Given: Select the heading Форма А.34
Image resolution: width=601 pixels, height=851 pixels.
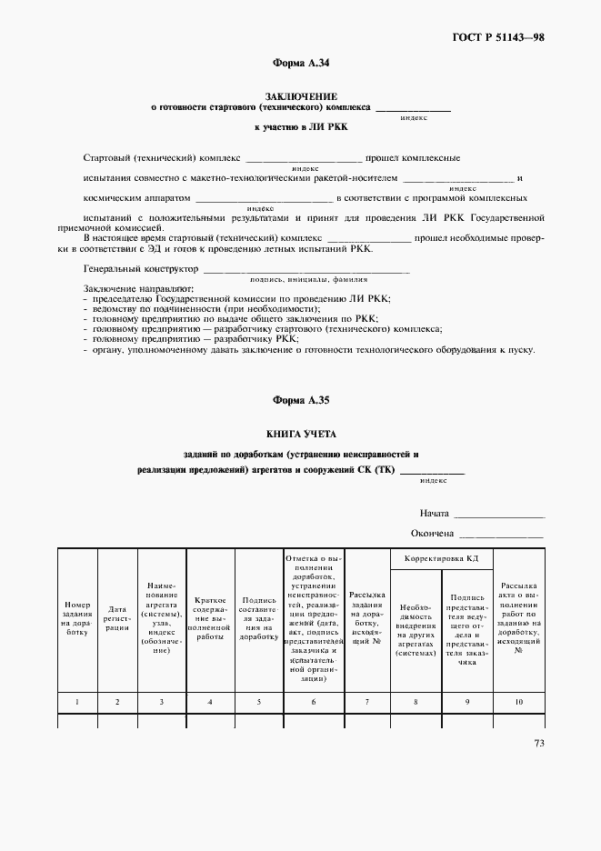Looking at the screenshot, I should [300, 64].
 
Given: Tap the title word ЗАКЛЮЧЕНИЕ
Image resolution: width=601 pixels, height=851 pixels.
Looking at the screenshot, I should [300, 95].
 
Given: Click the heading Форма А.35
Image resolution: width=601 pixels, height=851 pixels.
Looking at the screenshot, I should [300, 401].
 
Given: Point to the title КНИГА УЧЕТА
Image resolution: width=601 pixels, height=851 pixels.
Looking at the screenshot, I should [300, 434].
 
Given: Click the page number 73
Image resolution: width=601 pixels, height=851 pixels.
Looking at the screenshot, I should [538, 745].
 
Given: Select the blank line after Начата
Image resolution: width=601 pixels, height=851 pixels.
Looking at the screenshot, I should [499, 516].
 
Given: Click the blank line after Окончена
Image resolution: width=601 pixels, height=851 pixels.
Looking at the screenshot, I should [501, 536].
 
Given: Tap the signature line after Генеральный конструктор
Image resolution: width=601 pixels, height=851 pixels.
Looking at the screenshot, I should [305, 272].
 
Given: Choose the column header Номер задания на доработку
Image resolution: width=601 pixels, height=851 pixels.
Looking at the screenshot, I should [76, 619].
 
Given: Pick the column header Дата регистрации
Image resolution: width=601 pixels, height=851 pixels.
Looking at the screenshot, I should [117, 619].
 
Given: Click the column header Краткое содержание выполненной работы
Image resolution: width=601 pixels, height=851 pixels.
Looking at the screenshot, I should [210, 619].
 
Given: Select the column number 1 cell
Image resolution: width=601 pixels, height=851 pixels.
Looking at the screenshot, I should [76, 702].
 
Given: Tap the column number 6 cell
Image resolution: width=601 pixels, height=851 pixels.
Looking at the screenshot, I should [314, 702].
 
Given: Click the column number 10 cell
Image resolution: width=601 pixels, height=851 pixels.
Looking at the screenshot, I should [518, 702].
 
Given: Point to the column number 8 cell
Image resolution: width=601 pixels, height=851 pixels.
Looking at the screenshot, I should [415, 702].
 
